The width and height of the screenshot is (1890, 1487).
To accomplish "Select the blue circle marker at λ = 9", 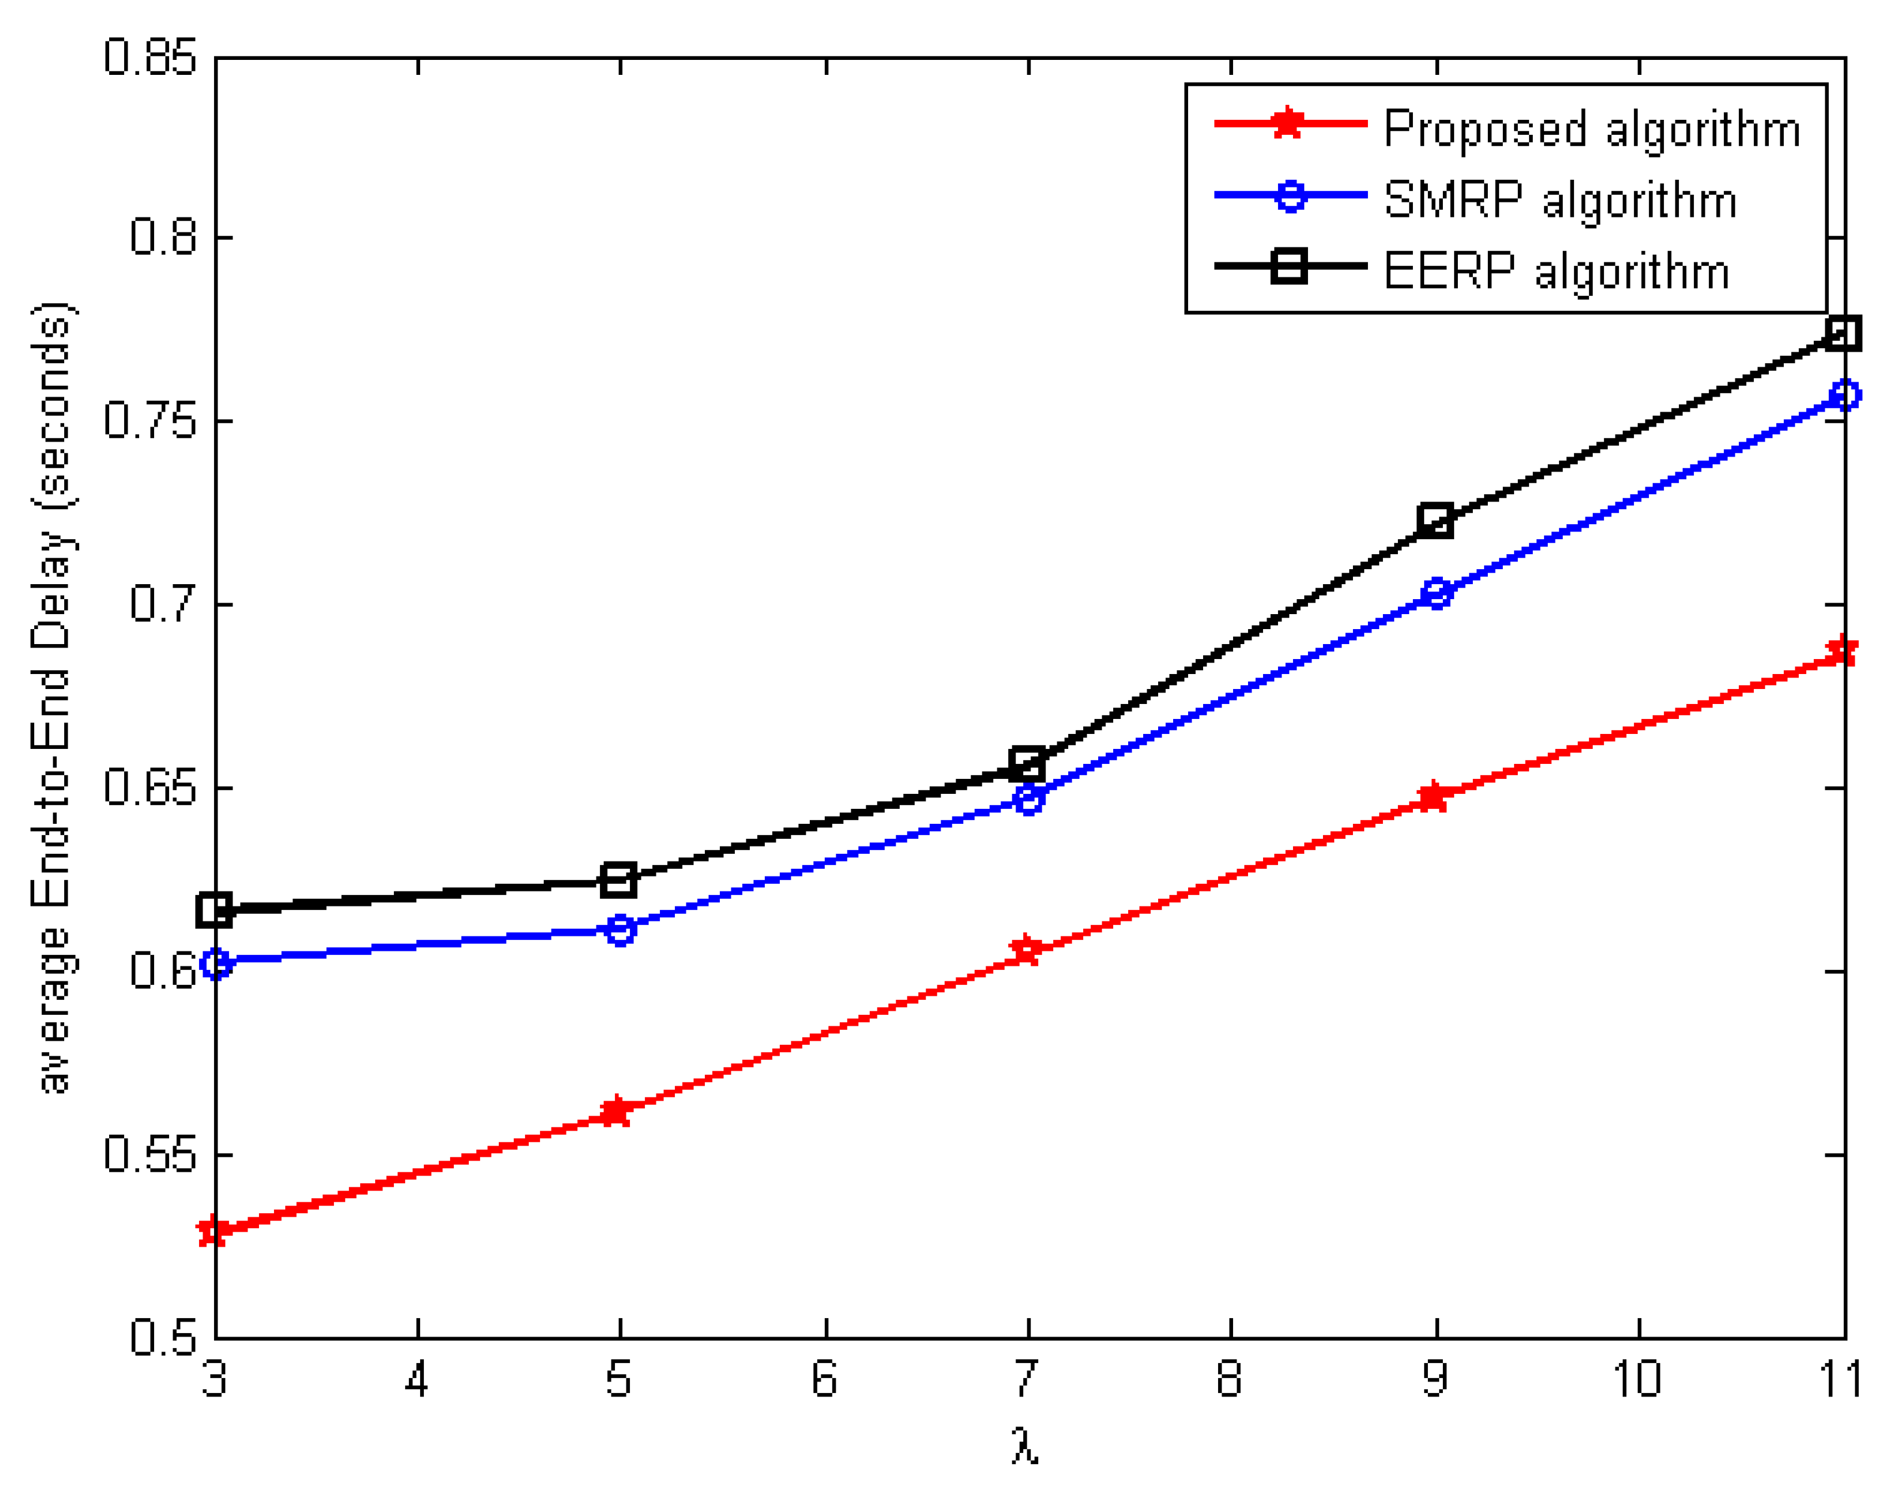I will pyautogui.click(x=1436, y=594).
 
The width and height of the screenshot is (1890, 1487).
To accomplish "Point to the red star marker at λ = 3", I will pyautogui.click(x=214, y=1231).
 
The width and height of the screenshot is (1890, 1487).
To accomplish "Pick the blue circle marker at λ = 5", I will pyautogui.click(x=619, y=930).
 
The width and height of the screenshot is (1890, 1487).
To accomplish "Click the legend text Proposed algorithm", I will pyautogui.click(x=1591, y=129).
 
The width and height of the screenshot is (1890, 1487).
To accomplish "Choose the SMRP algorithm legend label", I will pyautogui.click(x=1560, y=200).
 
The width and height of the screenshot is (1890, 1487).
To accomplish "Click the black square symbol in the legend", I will pyautogui.click(x=1289, y=265).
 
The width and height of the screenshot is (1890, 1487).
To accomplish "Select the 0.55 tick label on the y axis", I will pyautogui.click(x=150, y=1155).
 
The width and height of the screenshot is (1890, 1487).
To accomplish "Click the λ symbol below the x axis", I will pyautogui.click(x=1025, y=1445).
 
